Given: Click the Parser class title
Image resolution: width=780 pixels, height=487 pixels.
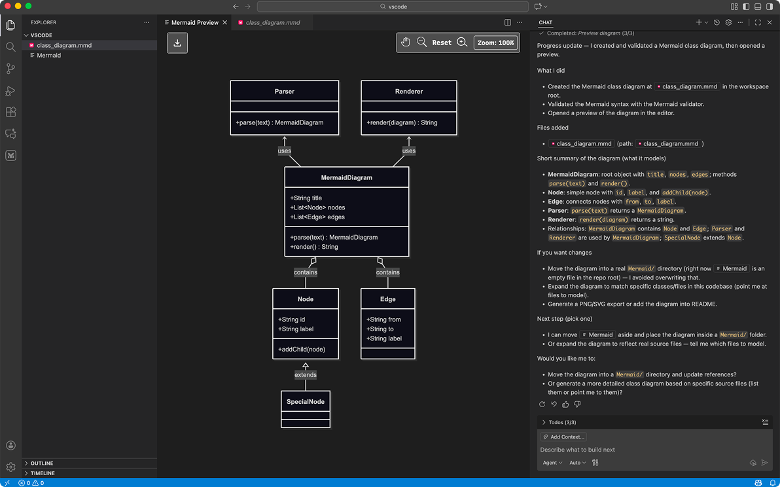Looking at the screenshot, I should tap(284, 92).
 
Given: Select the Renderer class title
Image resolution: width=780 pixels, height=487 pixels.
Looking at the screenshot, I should tap(409, 92).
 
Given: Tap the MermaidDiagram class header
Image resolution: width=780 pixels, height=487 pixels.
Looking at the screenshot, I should tap(347, 177).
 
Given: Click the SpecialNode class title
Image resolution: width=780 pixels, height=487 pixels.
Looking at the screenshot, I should tap(306, 402).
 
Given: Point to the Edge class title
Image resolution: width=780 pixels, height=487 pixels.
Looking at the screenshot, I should tap(388, 299).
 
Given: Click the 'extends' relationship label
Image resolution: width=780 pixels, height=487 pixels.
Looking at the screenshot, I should tap(306, 375).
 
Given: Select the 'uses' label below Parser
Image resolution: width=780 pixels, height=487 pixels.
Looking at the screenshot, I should tap(285, 151).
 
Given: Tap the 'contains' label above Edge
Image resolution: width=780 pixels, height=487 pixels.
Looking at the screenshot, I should tap(388, 272).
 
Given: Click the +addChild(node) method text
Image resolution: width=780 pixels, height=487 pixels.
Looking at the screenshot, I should tap(302, 350).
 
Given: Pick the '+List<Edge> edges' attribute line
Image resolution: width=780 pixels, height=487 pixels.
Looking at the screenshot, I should tap(317, 217).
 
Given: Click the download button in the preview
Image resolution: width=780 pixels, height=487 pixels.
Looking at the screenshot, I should tap(177, 43).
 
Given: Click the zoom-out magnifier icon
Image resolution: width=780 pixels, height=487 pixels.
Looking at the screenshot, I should tap(422, 43).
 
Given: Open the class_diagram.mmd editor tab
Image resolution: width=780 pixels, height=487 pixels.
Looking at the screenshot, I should tap(272, 23).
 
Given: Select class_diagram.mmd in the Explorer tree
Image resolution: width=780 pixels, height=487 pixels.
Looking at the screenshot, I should tap(64, 45).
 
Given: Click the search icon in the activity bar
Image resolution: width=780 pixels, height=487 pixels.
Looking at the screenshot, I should tap(10, 47).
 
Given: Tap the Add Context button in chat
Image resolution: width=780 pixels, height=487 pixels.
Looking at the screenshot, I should tap(563, 437).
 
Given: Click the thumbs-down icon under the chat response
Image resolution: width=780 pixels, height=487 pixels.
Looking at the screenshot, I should tap(577, 405).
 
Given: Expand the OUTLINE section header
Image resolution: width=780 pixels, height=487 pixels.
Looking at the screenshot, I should tap(42, 463).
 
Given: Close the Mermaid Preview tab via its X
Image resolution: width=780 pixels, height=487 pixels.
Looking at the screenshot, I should tap(225, 23).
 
